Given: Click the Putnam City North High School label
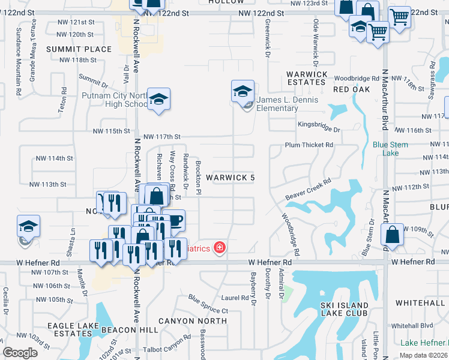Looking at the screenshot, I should (115, 99).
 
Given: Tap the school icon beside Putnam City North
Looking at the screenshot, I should (159, 100).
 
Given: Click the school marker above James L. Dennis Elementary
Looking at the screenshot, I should (243, 92).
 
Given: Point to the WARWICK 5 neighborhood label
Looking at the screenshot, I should (230, 178).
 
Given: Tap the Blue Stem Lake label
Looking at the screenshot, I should (390, 148).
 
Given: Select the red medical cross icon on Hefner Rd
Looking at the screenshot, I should (220, 248).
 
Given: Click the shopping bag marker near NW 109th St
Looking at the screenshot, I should (392, 236).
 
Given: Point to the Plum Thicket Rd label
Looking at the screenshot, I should (309, 145).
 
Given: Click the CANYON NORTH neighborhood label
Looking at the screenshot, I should (193, 321).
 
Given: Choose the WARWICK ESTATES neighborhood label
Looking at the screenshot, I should (307, 78).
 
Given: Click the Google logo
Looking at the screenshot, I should (20, 353).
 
